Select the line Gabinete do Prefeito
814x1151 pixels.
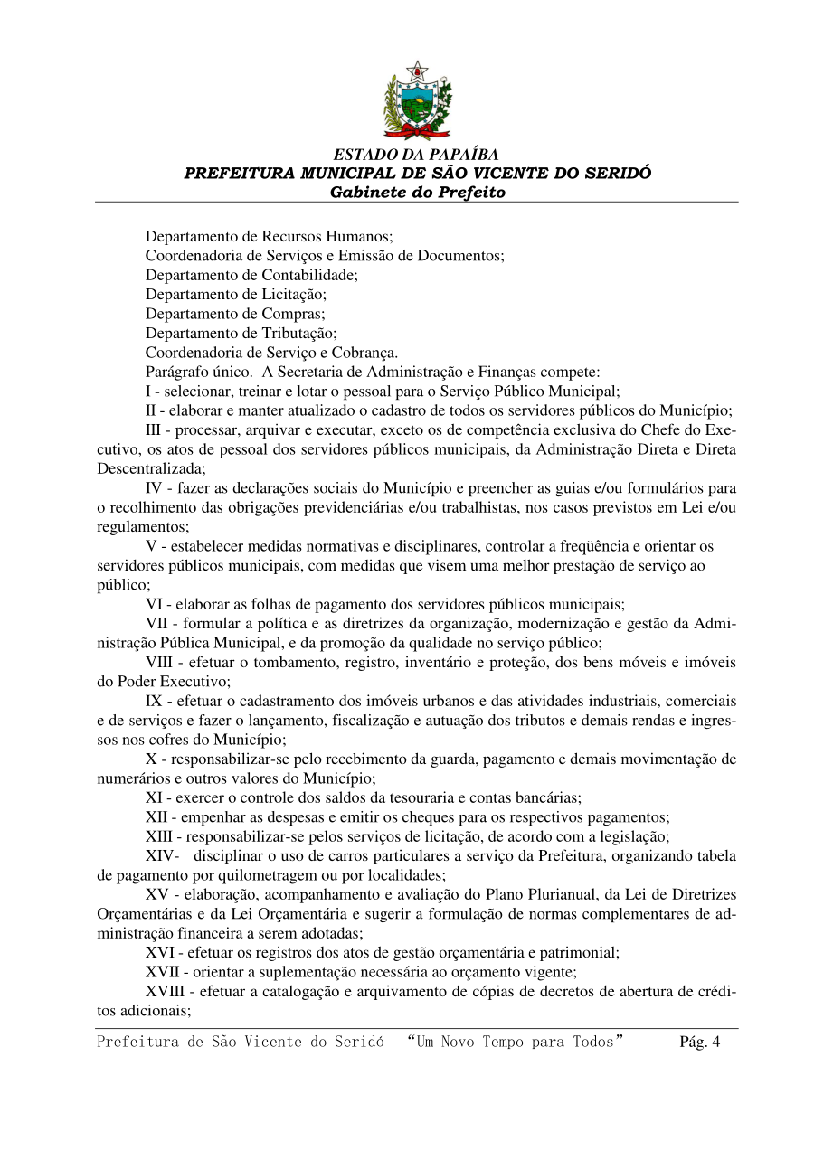tap(417, 193)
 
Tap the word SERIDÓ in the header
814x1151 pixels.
tap(617, 174)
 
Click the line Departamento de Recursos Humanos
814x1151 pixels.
tap(269, 237)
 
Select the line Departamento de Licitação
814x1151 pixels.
tap(236, 294)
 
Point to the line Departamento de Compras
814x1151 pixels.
tap(234, 314)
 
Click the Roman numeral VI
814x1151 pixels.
tap(154, 604)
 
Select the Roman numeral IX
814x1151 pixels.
tap(154, 701)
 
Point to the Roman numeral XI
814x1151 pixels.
tap(155, 797)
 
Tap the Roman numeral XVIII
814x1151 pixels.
tap(166, 991)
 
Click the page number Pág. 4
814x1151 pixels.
tap(699, 1042)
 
